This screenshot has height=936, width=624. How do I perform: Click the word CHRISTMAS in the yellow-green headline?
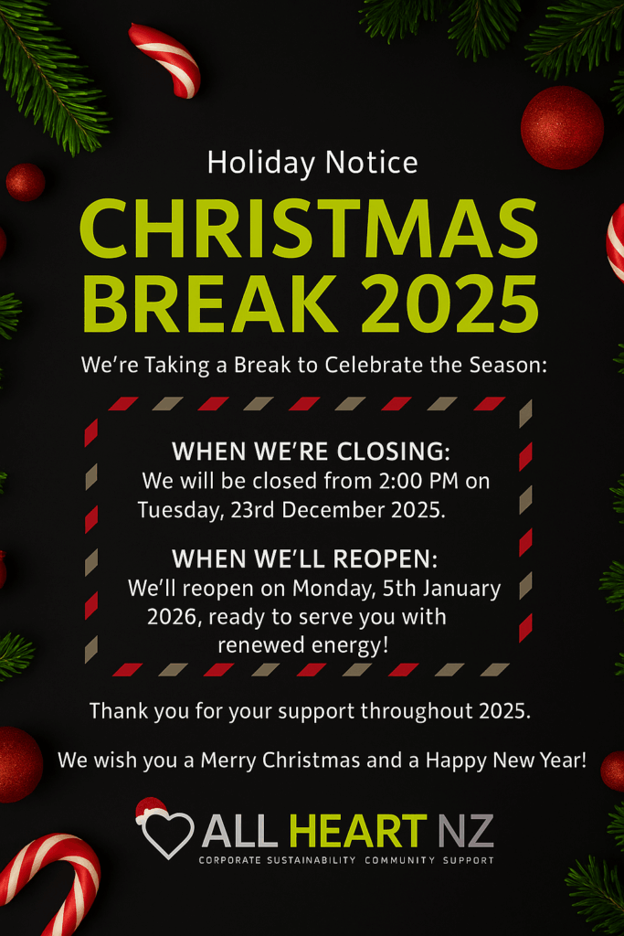coord(310,229)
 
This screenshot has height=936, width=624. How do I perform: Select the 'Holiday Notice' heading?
coord(312,163)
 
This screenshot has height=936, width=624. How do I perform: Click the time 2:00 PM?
coord(418,481)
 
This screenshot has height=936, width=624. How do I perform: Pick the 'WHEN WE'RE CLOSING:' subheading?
coord(311,452)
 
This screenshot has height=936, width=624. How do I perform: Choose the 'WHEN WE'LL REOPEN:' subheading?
coord(305,558)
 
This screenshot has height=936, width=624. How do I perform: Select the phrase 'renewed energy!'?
coord(303,645)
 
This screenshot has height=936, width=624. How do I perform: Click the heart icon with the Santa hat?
coord(165,828)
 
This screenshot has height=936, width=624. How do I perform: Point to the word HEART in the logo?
coord(358,831)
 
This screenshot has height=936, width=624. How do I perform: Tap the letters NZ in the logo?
coord(467,831)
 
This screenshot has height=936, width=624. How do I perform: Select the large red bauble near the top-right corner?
coord(562,127)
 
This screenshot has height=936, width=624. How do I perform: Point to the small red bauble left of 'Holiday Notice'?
coord(26,182)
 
